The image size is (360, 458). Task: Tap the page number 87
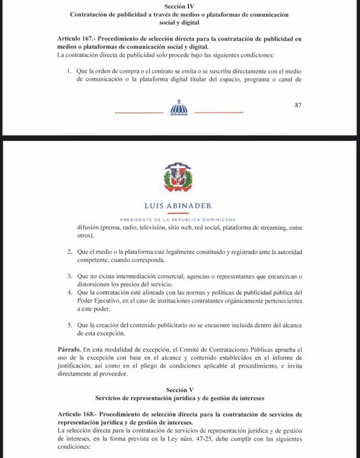tap(299, 105)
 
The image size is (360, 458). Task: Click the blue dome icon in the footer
tap(179, 107)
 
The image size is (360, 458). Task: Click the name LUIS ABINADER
tap(178, 206)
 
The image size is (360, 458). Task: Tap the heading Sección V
tap(179, 390)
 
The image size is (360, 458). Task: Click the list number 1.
tap(69, 71)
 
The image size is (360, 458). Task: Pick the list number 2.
tap(69, 252)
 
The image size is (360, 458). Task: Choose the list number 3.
tap(69, 276)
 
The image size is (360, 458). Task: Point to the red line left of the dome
tap(138, 113)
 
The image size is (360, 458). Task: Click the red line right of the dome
tap(219, 113)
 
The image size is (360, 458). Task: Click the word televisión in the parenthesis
tap(148, 228)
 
